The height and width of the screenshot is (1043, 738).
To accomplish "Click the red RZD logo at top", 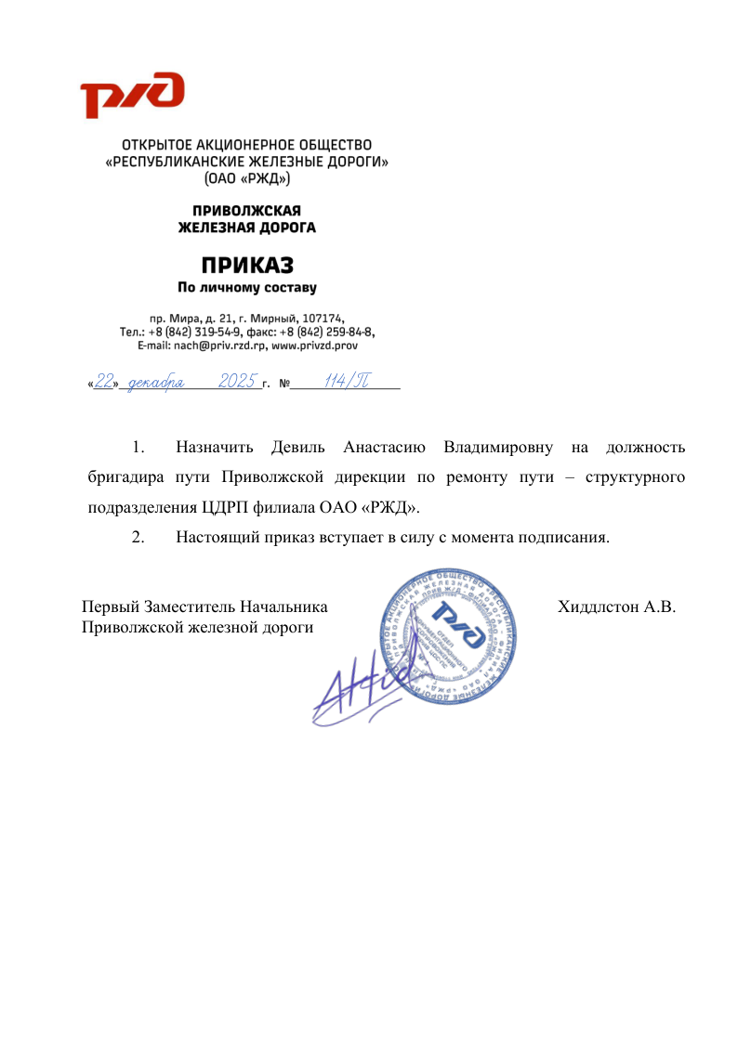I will click(x=131, y=96).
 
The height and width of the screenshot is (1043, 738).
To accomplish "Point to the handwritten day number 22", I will click(x=103, y=382).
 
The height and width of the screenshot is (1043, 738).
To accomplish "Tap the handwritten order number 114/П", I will click(x=346, y=382).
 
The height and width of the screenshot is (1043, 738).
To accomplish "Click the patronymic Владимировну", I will click(x=498, y=449).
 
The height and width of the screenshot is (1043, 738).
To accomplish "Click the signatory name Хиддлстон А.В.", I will click(x=615, y=607).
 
